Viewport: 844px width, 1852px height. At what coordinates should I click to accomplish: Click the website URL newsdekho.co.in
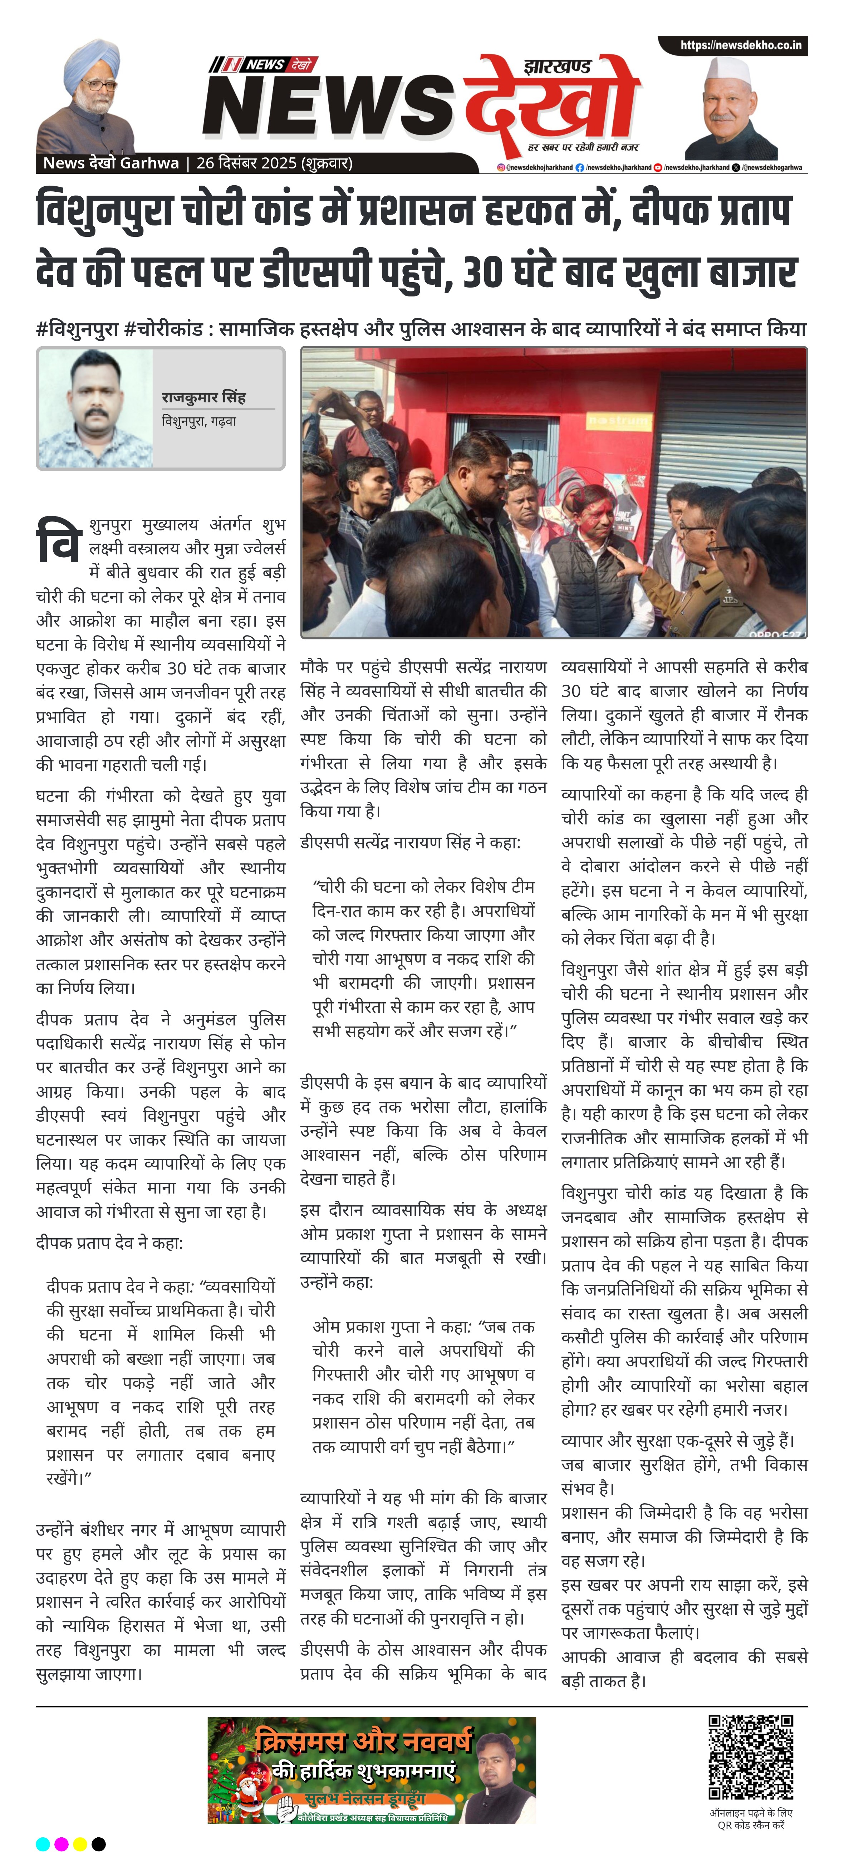[741, 45]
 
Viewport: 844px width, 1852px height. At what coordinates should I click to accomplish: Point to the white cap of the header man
[727, 72]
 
